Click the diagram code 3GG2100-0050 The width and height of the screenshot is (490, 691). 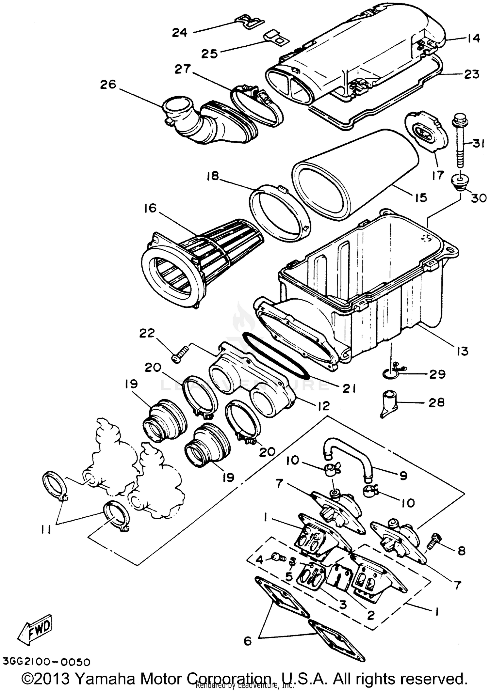click(45, 662)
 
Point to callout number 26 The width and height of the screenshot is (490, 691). click(108, 85)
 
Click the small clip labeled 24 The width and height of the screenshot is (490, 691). click(250, 22)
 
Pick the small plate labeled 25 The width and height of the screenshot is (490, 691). click(275, 38)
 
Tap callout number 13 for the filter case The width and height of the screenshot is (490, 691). click(463, 351)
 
